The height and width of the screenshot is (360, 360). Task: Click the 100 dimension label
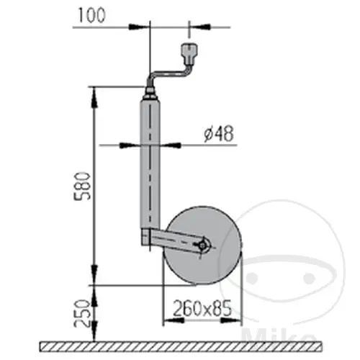pos(91,16)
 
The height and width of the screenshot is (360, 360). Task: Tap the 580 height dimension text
pos(82,186)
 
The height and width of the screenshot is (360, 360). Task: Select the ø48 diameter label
pos(219,134)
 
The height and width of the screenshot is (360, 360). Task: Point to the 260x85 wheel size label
pos(202,308)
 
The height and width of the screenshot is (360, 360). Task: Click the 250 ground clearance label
pos(82,313)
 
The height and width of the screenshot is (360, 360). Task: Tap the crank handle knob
pos(189,54)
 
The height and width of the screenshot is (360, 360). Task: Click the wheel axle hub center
pos(202,246)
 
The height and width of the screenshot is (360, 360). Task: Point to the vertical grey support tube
pos(150,164)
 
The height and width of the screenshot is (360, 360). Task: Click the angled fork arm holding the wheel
pos(175,240)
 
